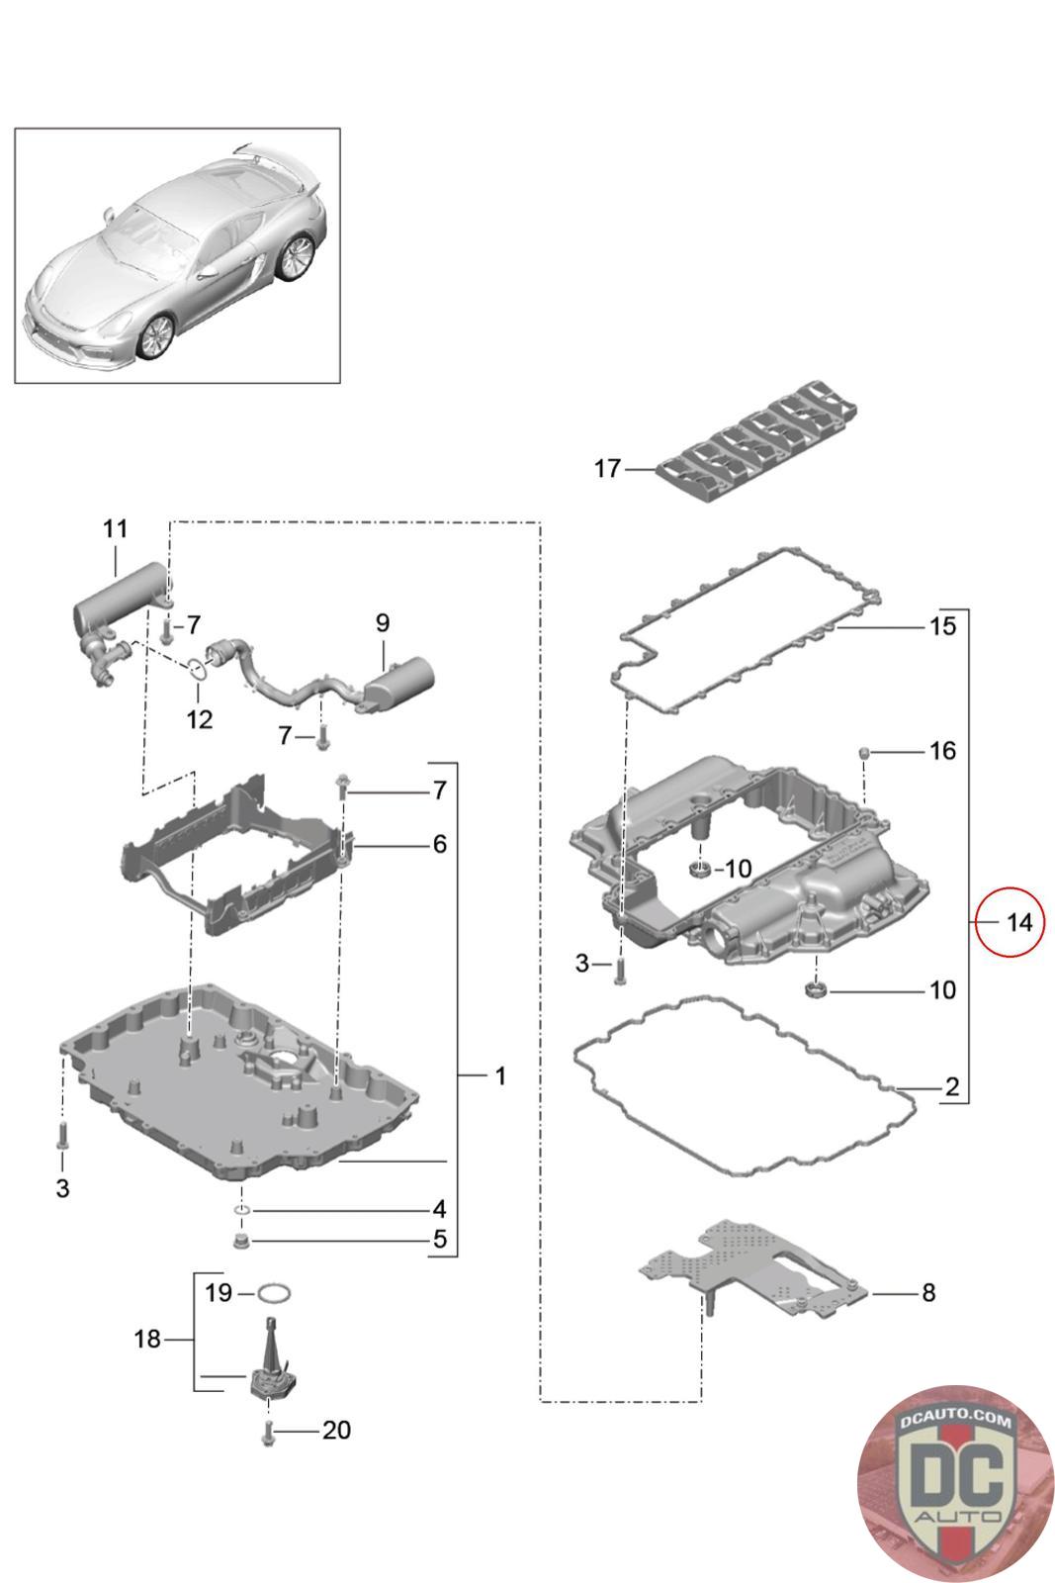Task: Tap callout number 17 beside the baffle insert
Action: coord(606,468)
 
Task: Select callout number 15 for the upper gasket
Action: coord(942,626)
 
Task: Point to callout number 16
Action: coord(942,751)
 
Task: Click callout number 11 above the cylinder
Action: coord(116,528)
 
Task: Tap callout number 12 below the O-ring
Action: coord(200,719)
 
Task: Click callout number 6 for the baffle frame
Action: coord(439,844)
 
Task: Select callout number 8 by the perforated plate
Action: coord(927,1292)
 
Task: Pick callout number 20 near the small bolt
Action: coord(336,1431)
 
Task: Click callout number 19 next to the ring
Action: coord(219,1292)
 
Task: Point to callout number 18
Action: coord(146,1340)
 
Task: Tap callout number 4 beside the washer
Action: coord(439,1209)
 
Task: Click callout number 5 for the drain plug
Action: coord(439,1239)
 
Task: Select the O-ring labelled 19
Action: coord(274,1292)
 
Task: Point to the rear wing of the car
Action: coord(282,161)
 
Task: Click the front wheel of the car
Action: coord(156,336)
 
